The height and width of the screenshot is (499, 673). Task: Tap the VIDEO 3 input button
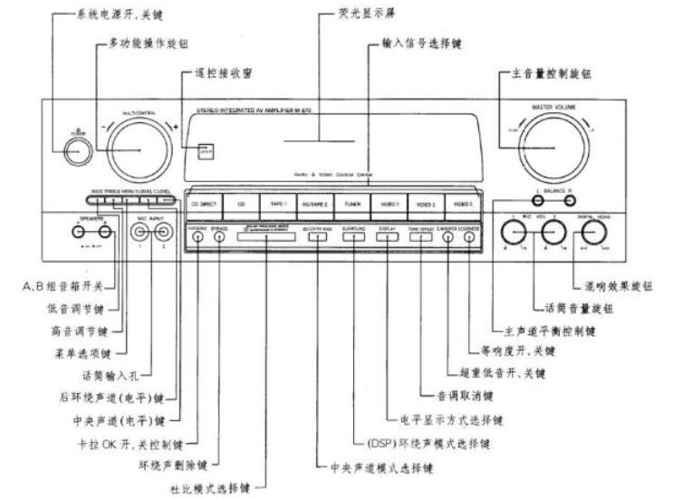coord(463,205)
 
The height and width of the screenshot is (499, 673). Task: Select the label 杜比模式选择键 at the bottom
coord(217,485)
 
